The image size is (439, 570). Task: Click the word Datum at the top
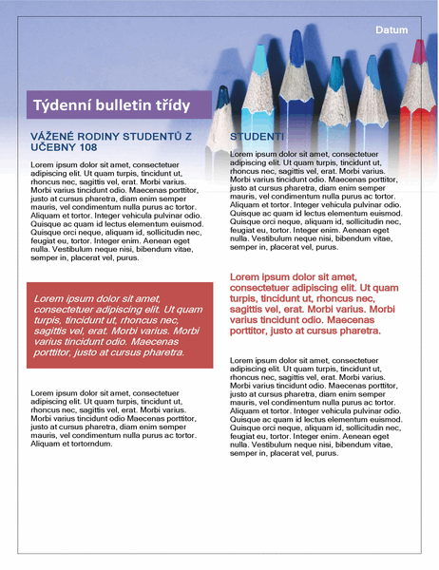coord(391,30)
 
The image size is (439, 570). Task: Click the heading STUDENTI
coord(258,138)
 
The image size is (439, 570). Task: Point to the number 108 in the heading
coord(85,148)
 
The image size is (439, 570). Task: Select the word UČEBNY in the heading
coord(53,148)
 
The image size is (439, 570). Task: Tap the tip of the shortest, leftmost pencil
coord(223,96)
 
